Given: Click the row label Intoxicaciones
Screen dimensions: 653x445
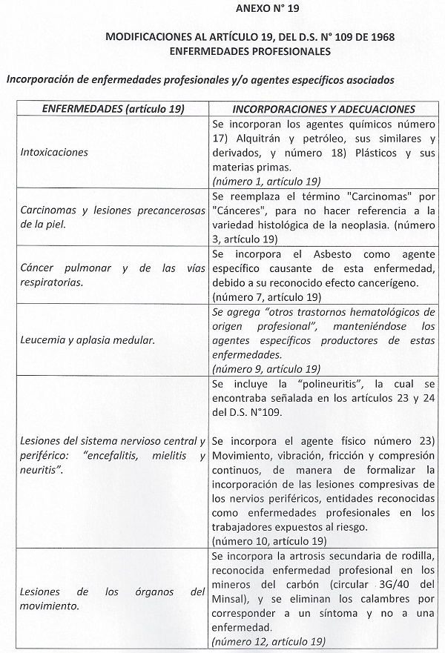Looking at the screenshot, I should (x=54, y=152).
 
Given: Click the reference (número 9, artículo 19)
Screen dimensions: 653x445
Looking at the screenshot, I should (x=266, y=368).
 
